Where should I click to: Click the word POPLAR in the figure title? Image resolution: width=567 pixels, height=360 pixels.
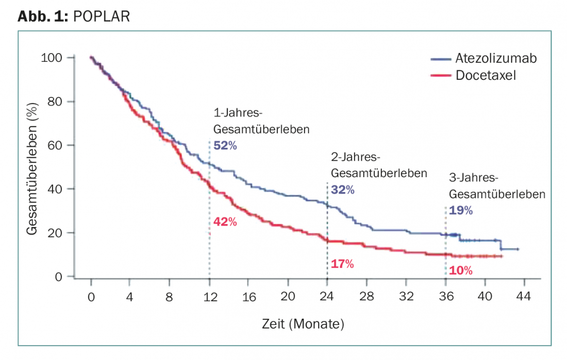point(102,16)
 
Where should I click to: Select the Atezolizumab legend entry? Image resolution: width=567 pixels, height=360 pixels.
point(495,58)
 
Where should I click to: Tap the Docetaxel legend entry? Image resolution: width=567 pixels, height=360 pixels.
point(485,75)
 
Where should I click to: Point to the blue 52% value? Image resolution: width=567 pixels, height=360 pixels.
point(225,146)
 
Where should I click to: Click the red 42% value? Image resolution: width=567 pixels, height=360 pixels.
point(225,222)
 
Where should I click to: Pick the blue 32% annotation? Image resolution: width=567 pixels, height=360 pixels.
point(343,190)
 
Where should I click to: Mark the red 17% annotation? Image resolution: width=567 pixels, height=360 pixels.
point(342,264)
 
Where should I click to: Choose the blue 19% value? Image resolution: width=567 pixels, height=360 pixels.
point(461,210)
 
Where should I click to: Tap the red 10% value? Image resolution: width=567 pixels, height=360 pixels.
point(460,270)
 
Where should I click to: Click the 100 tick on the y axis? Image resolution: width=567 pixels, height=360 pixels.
point(52,58)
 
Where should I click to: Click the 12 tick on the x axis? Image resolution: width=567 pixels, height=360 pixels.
point(209,297)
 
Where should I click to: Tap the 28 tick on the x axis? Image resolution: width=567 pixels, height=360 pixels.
point(366,297)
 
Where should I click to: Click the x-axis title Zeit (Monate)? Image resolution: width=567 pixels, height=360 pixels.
point(303,324)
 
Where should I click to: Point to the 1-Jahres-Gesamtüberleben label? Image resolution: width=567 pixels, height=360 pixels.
point(261,122)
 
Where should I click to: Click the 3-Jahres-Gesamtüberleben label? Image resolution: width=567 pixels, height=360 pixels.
point(497,186)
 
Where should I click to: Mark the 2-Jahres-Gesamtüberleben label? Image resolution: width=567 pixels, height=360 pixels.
point(379,165)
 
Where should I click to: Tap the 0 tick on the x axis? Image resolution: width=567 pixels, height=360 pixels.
point(91,297)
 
